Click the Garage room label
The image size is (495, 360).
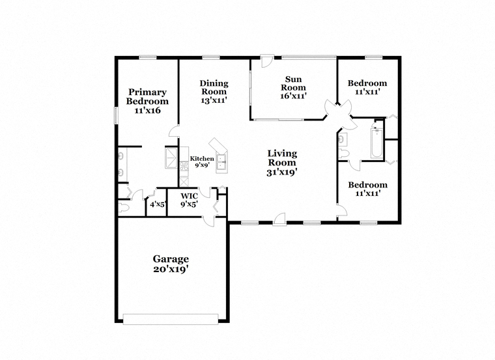pos(171,264)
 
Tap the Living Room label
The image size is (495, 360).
pos(282,163)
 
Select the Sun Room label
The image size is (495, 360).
pos(293,88)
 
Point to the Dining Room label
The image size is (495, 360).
pos(214,92)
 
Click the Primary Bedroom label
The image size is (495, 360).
pos(147,101)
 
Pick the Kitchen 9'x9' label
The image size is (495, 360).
pos(202,162)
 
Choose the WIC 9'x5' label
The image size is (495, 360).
pos(189,201)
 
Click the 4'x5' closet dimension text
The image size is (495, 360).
pos(158,204)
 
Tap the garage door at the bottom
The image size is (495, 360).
pos(171,319)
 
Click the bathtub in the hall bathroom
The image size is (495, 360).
pos(376,144)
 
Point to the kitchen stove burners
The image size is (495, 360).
pos(184,166)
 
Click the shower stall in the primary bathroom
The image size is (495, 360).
pos(172,158)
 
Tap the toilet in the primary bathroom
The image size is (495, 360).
pos(124,208)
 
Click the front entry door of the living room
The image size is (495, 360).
pos(279,219)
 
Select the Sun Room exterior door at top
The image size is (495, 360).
pos(266,61)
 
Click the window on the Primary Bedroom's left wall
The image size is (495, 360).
pos(116,115)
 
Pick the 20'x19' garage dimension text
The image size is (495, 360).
pos(171,269)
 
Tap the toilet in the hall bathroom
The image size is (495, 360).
pos(343,154)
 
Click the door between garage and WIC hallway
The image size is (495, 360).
pos(208,221)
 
